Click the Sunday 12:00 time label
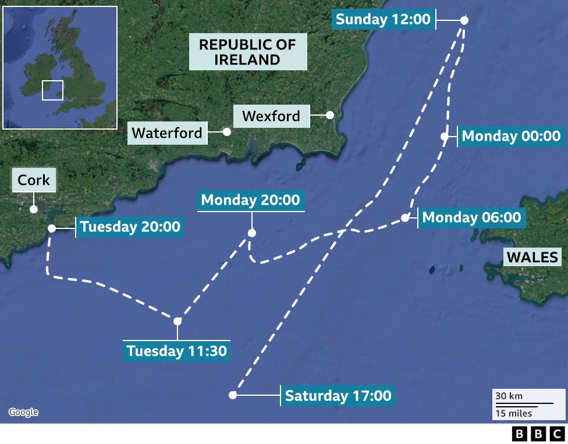(x=383, y=19)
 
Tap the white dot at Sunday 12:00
(x=464, y=20)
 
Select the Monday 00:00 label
(x=511, y=136)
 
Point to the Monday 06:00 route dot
(x=405, y=219)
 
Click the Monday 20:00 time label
(x=250, y=200)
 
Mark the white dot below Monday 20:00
(x=251, y=233)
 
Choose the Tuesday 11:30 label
(x=176, y=351)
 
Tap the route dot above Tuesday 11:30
(x=177, y=321)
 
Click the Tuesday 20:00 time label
(x=130, y=226)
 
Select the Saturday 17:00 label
(x=338, y=396)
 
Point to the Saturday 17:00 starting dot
(x=233, y=395)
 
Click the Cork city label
(x=34, y=180)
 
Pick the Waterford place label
(x=167, y=133)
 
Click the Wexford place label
(x=271, y=116)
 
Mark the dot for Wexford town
(x=329, y=115)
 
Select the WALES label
(x=532, y=257)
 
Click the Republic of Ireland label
(x=247, y=52)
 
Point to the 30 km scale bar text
(x=509, y=396)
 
